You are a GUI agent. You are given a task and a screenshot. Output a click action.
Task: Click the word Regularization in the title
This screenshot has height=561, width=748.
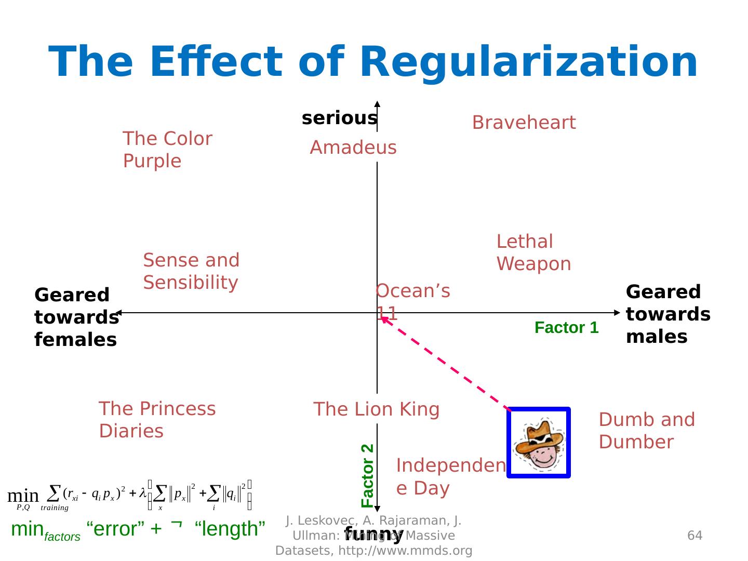click(x=528, y=62)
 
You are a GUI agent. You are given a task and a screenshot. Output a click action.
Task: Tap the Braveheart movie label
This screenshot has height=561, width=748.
click(x=524, y=123)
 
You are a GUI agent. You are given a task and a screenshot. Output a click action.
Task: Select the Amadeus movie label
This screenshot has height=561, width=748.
click(x=353, y=148)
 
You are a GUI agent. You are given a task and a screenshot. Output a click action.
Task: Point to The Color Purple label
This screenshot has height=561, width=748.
click(x=167, y=150)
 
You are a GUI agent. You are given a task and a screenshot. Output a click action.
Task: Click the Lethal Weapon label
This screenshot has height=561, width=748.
click(x=533, y=252)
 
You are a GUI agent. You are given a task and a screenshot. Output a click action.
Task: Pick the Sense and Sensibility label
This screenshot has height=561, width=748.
click(x=191, y=271)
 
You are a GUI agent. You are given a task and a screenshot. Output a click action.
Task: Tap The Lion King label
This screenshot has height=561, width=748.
click(x=376, y=409)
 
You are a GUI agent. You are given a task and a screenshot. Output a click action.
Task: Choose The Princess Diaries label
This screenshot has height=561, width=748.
click(x=157, y=420)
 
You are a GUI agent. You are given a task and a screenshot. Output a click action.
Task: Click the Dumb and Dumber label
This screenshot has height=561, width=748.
click(x=646, y=431)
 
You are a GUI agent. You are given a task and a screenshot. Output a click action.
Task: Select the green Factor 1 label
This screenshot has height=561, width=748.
click(x=566, y=328)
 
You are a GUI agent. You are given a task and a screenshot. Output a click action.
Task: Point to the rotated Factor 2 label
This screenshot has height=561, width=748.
click(x=367, y=475)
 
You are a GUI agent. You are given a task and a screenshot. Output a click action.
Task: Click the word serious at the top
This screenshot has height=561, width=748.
click(x=339, y=118)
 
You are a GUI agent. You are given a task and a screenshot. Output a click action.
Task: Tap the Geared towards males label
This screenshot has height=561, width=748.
click(x=668, y=314)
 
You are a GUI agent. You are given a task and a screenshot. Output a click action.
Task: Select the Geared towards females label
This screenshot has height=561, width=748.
click(x=76, y=317)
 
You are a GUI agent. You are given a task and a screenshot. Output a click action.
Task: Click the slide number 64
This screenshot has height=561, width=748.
click(x=694, y=535)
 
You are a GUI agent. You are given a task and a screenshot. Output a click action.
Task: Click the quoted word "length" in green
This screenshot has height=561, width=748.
click(x=230, y=529)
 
